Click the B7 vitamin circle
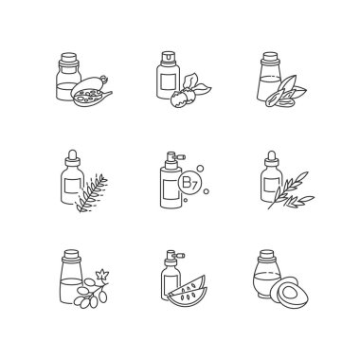[189, 184]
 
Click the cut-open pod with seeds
[91, 94]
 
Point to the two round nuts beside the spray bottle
[183, 97]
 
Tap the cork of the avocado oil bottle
[266, 255]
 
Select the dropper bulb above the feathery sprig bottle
[73, 155]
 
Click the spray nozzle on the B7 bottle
[174, 156]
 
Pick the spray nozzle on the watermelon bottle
[174, 255]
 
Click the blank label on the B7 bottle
[171, 190]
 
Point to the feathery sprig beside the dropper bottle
[92, 192]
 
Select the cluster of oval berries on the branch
[90, 294]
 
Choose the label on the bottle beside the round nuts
[168, 81]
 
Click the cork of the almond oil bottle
[271, 58]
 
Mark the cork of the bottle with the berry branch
[71, 256]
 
